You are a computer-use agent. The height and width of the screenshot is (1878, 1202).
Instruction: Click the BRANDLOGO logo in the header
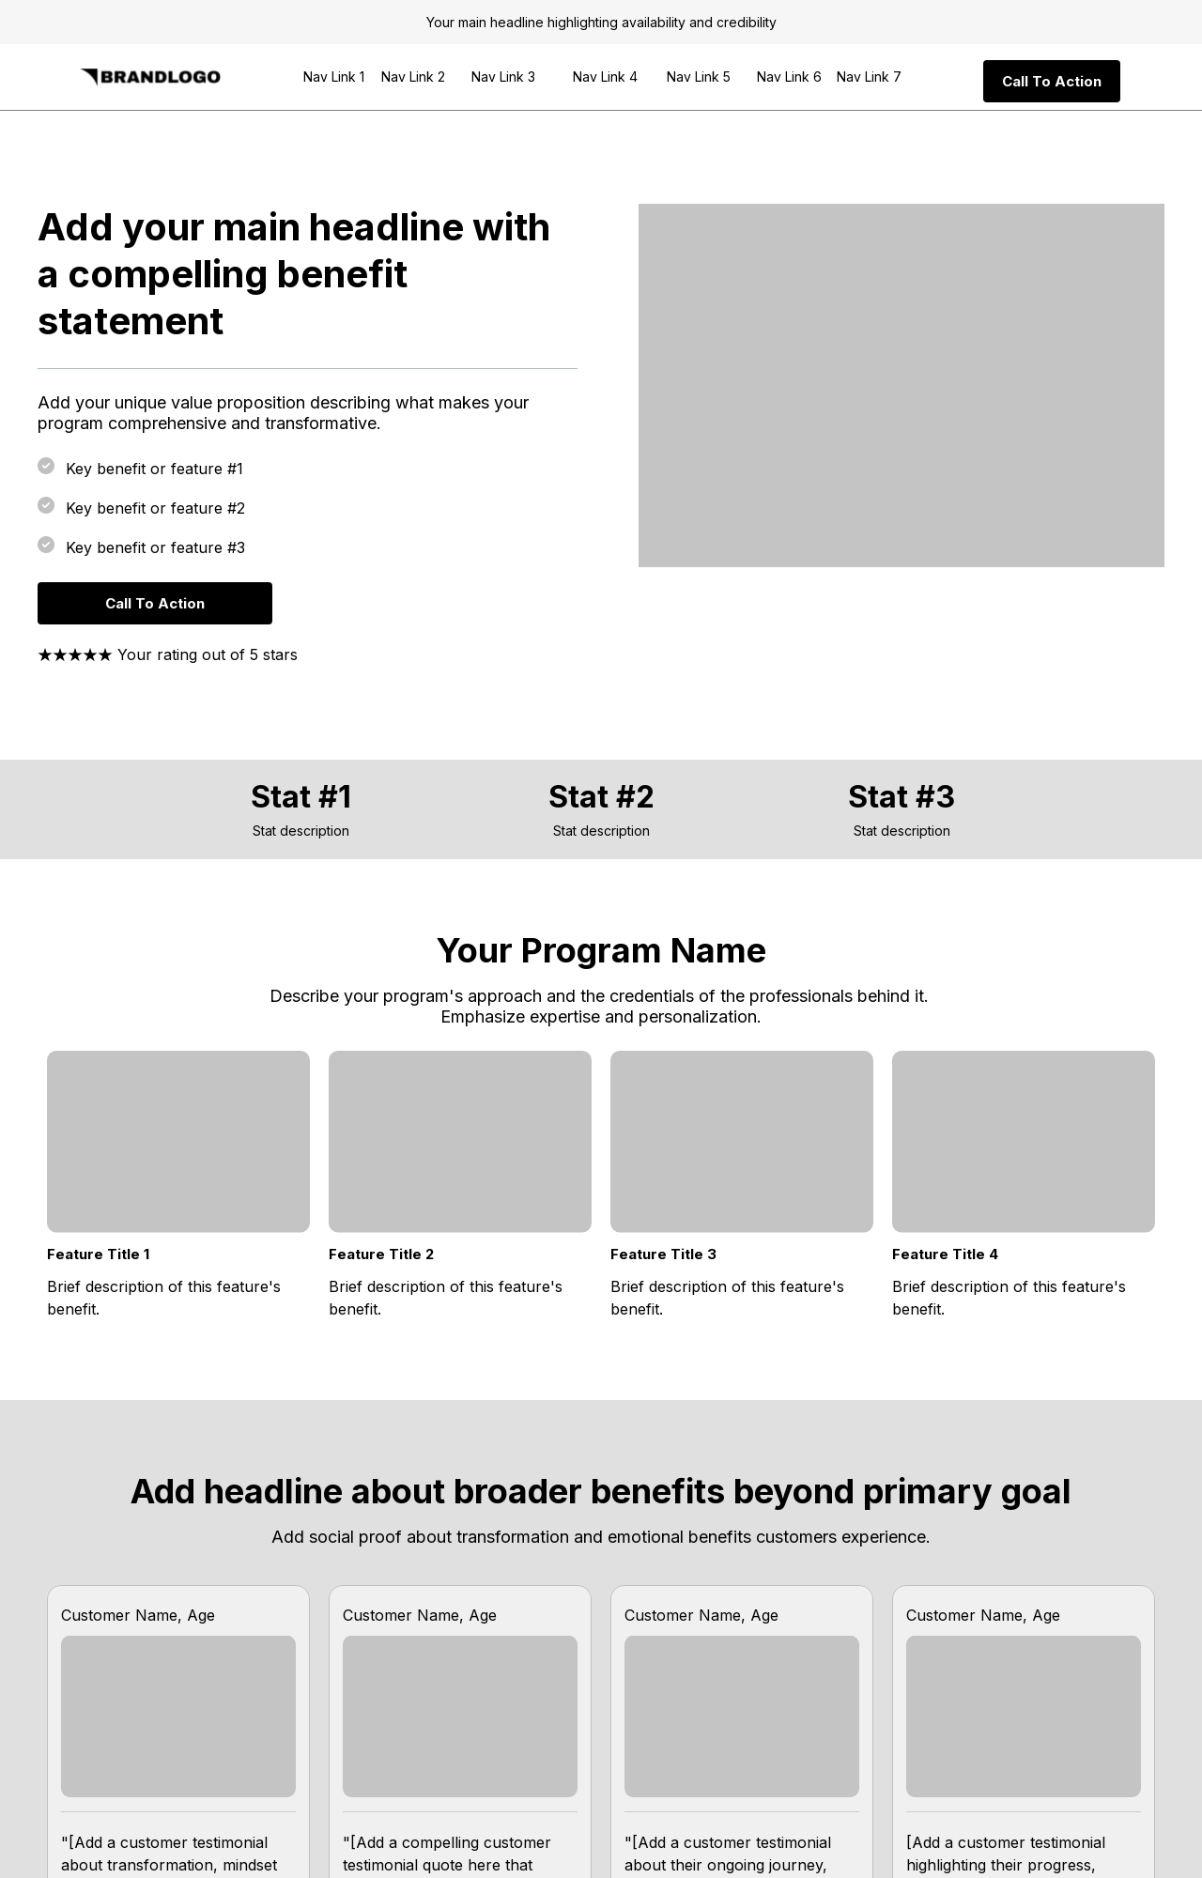click(x=150, y=77)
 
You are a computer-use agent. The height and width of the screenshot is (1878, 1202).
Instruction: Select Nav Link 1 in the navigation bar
click(x=333, y=77)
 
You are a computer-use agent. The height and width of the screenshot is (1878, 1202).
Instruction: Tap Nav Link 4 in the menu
click(x=605, y=77)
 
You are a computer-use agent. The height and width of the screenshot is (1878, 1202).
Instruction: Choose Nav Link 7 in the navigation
click(x=868, y=77)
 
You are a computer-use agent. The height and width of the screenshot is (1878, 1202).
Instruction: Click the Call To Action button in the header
click(x=1051, y=82)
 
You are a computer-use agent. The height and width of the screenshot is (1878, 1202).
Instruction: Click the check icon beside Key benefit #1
click(x=46, y=466)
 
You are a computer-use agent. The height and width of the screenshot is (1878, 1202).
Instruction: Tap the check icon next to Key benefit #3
click(x=46, y=545)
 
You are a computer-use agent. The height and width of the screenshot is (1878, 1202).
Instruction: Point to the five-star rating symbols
click(x=75, y=655)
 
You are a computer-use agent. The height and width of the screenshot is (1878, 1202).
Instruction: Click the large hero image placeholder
click(x=901, y=385)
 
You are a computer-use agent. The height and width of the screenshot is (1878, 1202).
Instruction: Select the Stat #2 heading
click(x=601, y=796)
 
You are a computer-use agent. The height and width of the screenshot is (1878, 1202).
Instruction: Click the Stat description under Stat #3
click(x=901, y=831)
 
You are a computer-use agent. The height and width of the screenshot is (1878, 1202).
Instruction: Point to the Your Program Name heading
click(x=601, y=950)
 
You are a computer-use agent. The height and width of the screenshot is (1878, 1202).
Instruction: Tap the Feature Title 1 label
click(x=99, y=1255)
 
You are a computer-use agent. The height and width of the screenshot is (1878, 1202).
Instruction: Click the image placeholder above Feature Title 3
click(x=741, y=1141)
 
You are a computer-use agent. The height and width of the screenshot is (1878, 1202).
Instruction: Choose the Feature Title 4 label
click(x=945, y=1255)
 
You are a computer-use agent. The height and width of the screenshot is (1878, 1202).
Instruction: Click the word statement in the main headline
click(x=131, y=321)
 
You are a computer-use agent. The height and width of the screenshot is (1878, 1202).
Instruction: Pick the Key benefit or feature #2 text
click(x=155, y=508)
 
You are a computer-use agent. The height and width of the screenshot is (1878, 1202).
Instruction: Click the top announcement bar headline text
click(x=601, y=23)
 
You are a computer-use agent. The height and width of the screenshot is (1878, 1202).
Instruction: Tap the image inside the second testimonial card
click(x=459, y=1716)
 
